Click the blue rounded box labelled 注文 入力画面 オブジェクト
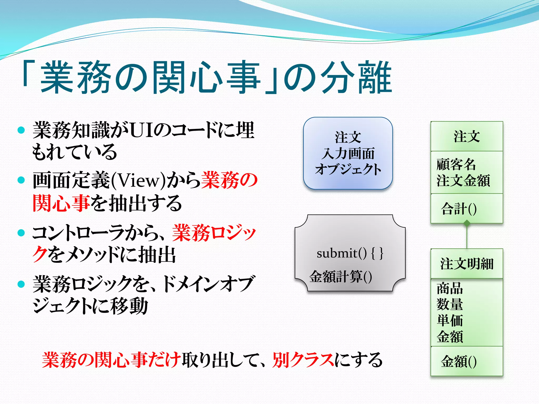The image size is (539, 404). click(348, 153)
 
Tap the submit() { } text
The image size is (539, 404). click(350, 253)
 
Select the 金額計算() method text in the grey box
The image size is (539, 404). click(341, 276)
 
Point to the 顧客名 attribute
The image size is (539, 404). click(456, 164)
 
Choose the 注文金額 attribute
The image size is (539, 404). click(463, 180)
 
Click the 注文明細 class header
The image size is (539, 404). click(467, 264)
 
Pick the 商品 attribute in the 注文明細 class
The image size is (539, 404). click(450, 288)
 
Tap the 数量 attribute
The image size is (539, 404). click(450, 304)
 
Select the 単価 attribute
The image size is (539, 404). click(450, 320)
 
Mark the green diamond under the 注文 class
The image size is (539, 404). click(467, 224)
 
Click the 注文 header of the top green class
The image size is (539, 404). click(467, 137)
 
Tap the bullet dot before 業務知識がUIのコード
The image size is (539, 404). click(21, 130)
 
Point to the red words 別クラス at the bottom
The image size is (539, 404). click(303, 360)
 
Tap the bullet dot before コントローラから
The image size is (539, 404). click(21, 233)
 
